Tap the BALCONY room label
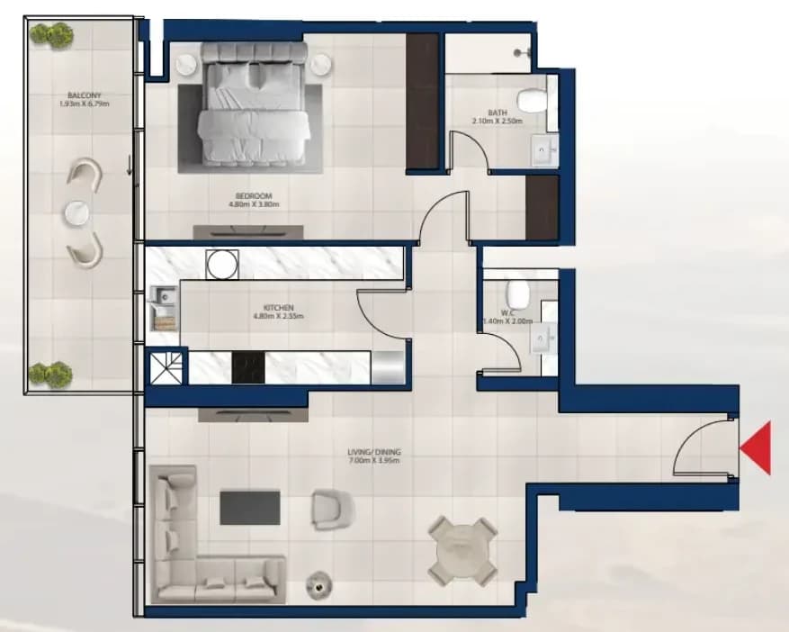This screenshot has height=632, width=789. coord(85,95)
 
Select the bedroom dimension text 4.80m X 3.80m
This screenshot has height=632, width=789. coord(254,204)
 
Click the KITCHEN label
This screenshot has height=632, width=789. coord(278,308)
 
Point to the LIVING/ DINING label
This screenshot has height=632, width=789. coord(374,452)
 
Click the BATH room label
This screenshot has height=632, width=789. coord(498,113)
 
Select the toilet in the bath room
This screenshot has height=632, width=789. coord(533,100)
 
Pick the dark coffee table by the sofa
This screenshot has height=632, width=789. coord(250,508)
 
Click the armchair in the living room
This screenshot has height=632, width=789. coord(332,510)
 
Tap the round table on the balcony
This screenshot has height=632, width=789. coord(77,213)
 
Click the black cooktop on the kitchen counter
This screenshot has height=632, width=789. coord(248,367)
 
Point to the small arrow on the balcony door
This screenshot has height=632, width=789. coord(130,165)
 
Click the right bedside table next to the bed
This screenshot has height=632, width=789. coord(321,64)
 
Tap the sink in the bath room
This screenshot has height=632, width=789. coord(545,150)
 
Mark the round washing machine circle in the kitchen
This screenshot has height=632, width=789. coord(222,264)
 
